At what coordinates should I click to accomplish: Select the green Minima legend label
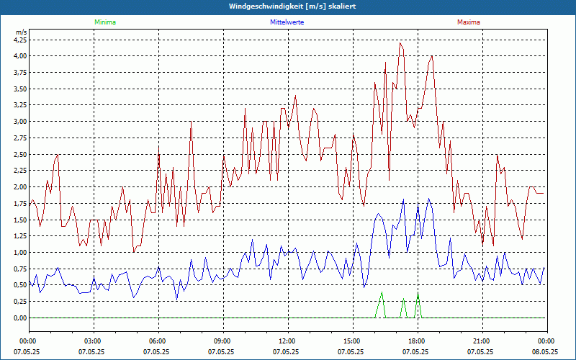coord(104,22)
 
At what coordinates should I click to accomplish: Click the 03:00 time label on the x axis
coord(93,341)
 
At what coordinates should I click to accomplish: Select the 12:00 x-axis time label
coord(287,341)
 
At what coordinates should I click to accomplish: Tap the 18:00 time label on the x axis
coord(417,341)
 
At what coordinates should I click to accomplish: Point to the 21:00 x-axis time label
coord(482,341)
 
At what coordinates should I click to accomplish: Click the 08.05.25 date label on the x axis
coord(545,352)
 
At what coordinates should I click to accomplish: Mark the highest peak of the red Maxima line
coord(400,43)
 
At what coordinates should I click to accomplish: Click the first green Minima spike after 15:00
coord(382,292)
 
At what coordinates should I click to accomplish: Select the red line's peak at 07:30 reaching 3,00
coord(191,122)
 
